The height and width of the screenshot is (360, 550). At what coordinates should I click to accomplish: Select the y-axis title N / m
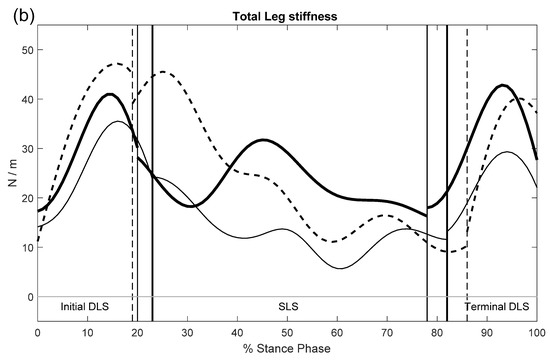pyautogui.click(x=9, y=173)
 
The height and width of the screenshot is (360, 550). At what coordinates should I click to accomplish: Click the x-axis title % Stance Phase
pyautogui.click(x=287, y=349)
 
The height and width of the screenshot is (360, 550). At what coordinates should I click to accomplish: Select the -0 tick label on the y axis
pyautogui.click(x=29, y=296)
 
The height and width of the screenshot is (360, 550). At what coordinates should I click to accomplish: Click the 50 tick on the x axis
pyautogui.click(x=287, y=332)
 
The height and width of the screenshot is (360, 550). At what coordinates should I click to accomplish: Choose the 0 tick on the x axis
pyautogui.click(x=38, y=332)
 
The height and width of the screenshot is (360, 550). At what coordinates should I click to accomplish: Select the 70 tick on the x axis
pyautogui.click(x=387, y=332)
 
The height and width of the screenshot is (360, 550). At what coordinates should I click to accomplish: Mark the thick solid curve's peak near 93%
pyautogui.click(x=502, y=86)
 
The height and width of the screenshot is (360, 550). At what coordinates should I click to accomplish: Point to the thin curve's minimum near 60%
pyautogui.click(x=339, y=268)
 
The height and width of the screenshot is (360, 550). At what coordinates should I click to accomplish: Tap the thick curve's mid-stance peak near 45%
pyautogui.click(x=263, y=140)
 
